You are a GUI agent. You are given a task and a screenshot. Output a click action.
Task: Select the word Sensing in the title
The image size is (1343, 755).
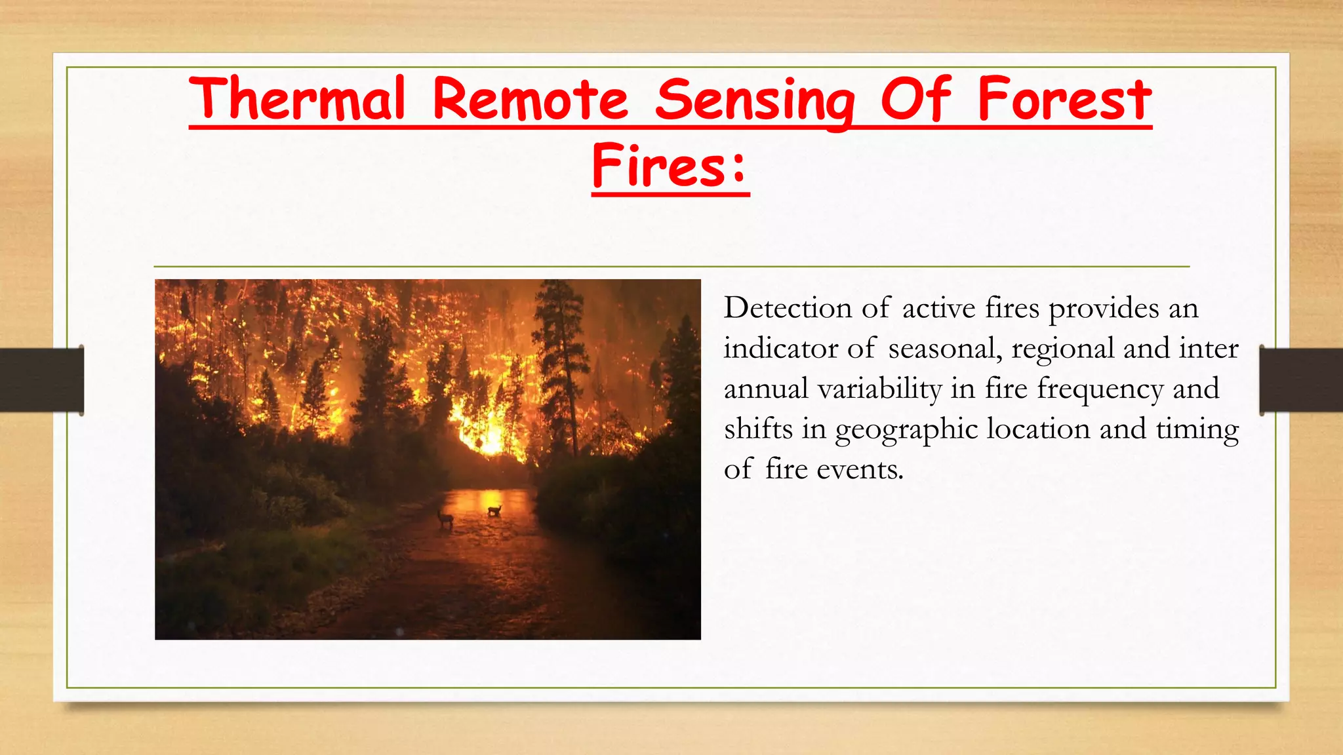755,100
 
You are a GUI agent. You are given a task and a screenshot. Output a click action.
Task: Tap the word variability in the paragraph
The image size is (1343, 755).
879,389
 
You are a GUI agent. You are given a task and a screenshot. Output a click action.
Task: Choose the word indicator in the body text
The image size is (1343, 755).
780,349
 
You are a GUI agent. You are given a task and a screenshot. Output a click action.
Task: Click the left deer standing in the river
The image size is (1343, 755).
446,519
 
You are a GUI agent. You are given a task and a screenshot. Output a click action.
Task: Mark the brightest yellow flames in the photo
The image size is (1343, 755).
489,433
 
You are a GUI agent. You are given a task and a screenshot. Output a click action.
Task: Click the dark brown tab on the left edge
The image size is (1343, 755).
41,380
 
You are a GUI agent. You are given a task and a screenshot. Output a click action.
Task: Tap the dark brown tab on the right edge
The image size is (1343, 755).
1301,380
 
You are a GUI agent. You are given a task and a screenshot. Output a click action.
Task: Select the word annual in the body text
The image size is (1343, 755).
765,389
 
